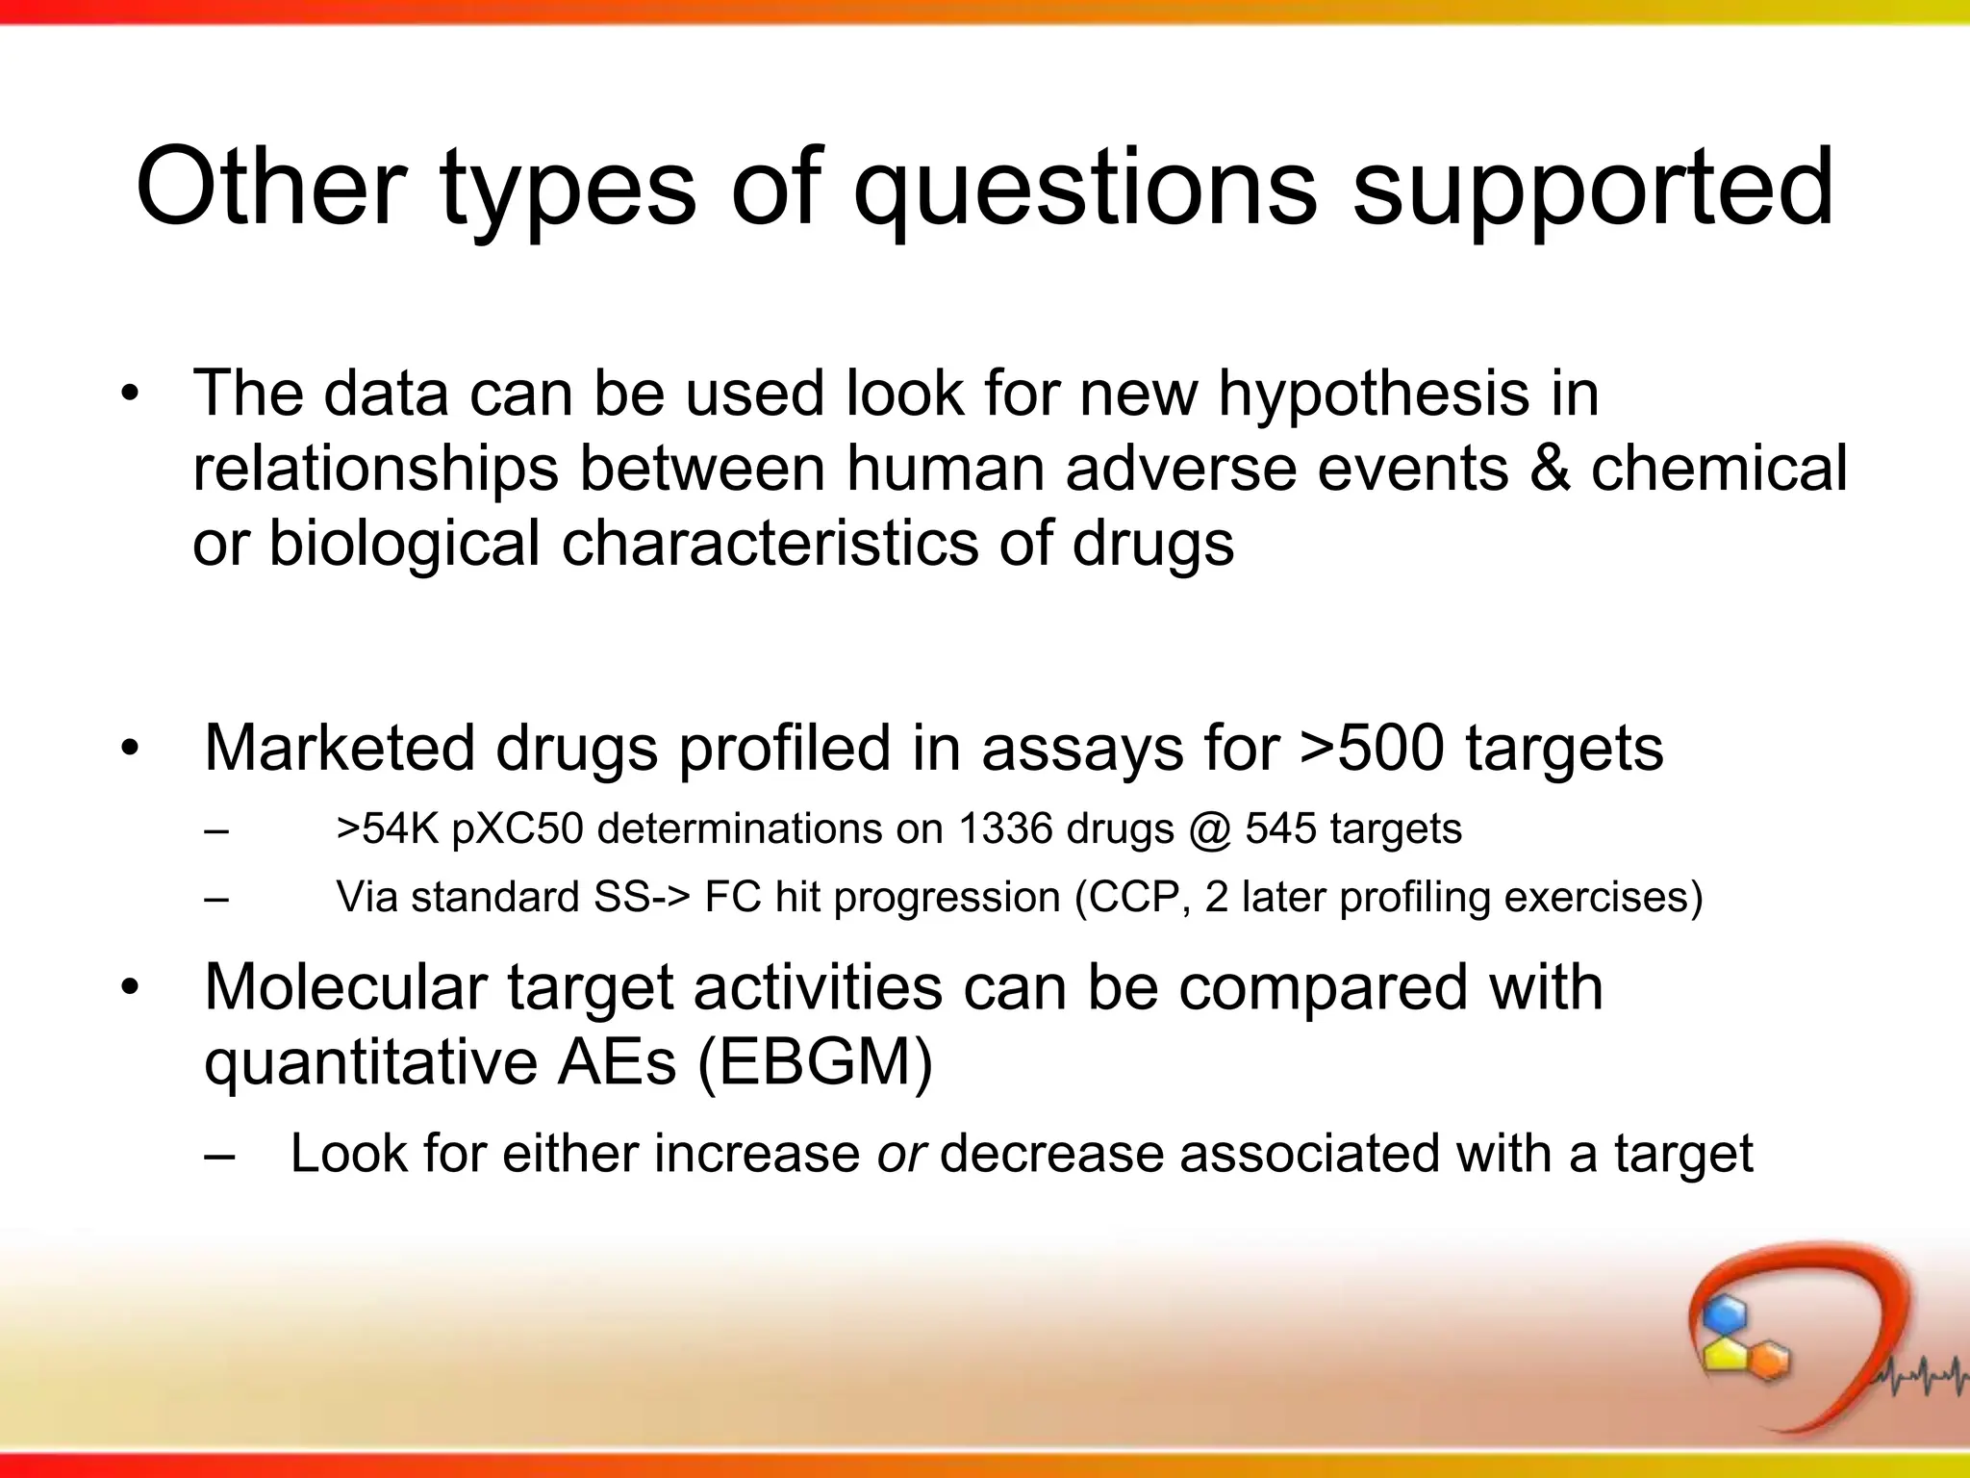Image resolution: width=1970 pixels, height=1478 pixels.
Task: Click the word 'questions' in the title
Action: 1085,189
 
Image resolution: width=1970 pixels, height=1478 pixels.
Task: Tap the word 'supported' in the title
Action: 1593,189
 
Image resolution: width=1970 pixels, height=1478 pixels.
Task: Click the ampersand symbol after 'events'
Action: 1550,469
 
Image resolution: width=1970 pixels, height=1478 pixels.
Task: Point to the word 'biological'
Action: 404,544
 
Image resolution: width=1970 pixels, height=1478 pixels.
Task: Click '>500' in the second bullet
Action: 1372,749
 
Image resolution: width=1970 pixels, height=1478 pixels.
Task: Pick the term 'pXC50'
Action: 517,829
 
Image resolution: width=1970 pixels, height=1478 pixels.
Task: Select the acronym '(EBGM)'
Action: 814,1062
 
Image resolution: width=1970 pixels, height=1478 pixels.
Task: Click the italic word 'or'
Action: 900,1153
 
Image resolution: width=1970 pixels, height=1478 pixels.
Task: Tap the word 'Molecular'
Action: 346,988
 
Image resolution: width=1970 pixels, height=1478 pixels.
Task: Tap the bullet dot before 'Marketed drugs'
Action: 130,749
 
